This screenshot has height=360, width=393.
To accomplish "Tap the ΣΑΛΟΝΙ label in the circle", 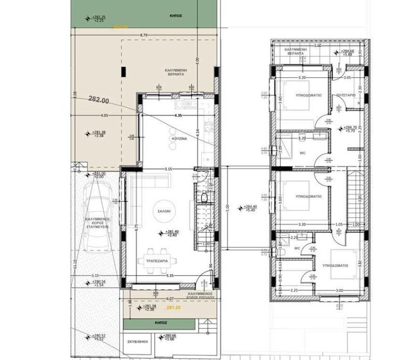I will [164, 212].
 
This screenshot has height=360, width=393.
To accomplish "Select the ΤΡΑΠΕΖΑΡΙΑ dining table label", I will [157, 261].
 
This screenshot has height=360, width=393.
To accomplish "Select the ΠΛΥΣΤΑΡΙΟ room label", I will [346, 95].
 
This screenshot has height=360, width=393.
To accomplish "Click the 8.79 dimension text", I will [144, 35].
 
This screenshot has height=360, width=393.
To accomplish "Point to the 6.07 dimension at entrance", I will [170, 298].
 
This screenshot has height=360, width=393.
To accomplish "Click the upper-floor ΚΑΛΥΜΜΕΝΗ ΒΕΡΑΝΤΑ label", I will [296, 51].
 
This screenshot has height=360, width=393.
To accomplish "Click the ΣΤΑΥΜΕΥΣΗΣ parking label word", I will [97, 227].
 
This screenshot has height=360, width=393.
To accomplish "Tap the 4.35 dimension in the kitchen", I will [178, 115].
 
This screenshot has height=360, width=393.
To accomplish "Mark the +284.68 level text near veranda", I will [348, 51].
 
